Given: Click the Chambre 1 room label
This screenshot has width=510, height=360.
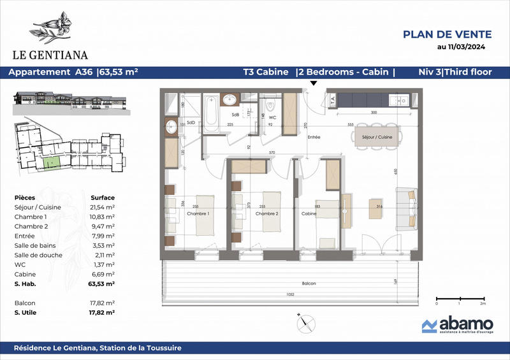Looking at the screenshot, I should [x=198, y=213].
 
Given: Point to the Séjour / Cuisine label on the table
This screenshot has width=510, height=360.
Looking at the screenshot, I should [x=376, y=137].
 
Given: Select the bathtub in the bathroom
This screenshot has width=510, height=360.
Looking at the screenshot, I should [x=211, y=115].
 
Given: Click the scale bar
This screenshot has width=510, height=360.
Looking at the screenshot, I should [x=458, y=298].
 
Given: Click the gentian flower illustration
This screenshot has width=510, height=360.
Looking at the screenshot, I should [x=56, y=27].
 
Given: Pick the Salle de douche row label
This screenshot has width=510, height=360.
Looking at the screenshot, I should [x=36, y=254].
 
